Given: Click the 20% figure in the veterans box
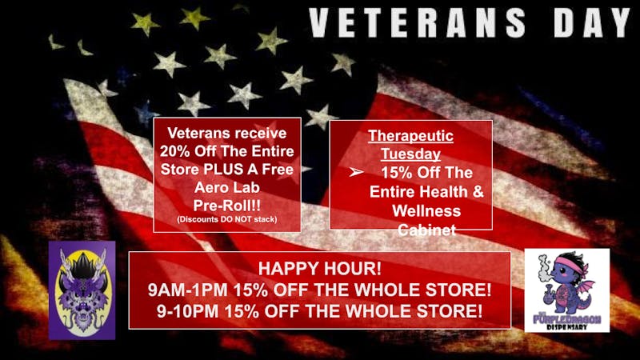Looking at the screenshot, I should pos(177,151).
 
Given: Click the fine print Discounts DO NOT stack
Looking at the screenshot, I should pos(226,219).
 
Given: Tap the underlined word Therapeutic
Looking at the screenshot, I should pos(410,136).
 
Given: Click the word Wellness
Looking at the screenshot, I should pos(426,211).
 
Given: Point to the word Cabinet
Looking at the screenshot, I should pos(426,230).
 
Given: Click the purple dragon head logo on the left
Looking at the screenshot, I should pos(82,290).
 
